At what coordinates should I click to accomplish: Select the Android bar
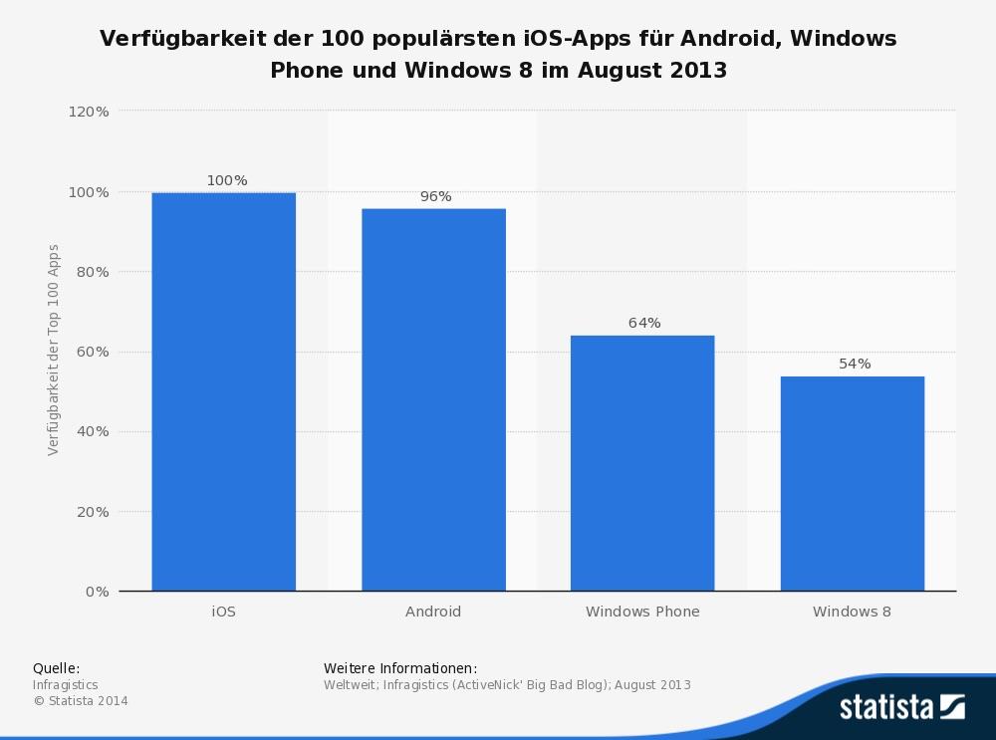coord(433,399)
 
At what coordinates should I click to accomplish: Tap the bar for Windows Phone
coord(642,463)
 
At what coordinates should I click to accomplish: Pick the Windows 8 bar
coord(853,483)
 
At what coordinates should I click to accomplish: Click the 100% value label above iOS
coord(227,180)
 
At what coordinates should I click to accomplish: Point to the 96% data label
coord(435,196)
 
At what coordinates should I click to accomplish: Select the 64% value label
coord(644,323)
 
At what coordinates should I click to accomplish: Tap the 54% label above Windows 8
coord(855,364)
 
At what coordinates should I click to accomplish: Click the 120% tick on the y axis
coord(89,112)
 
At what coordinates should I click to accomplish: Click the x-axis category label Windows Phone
coord(642,612)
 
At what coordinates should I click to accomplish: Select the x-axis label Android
coord(433,612)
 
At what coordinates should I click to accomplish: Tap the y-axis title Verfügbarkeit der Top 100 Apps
coord(54,350)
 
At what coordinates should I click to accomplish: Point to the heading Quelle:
coord(56,668)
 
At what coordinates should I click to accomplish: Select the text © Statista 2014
coord(81,701)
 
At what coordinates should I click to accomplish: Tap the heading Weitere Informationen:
coord(400,668)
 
